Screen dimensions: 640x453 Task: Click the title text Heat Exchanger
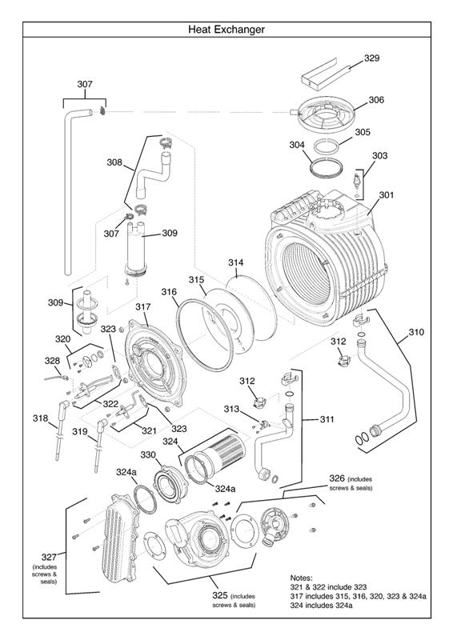click(x=226, y=30)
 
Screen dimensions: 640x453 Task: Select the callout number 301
click(x=387, y=194)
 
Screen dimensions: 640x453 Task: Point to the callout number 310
click(x=417, y=331)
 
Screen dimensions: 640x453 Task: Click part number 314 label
click(x=235, y=262)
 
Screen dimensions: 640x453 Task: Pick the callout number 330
click(x=148, y=454)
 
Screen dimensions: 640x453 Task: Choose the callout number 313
click(x=231, y=409)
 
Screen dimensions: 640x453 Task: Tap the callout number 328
click(x=52, y=361)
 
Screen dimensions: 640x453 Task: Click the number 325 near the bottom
click(x=219, y=596)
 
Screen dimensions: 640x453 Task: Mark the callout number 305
click(x=363, y=132)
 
